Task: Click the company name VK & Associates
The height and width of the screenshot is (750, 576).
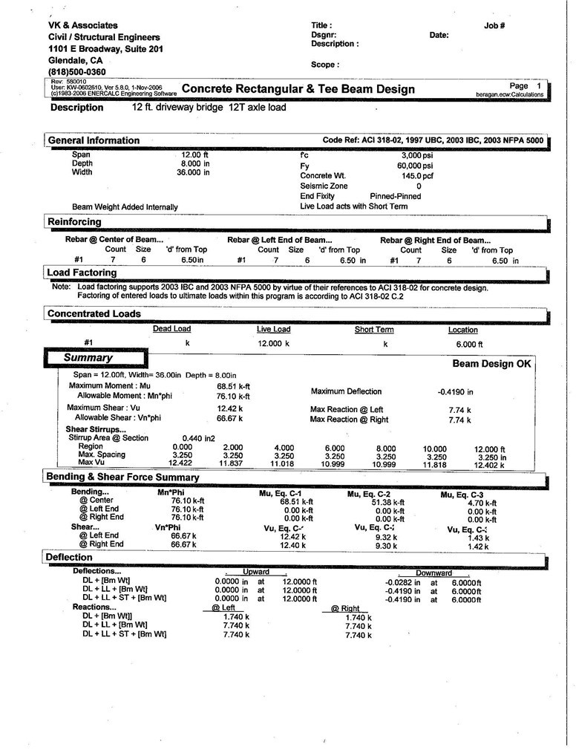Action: [83, 25]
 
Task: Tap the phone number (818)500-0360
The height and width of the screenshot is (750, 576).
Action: [77, 72]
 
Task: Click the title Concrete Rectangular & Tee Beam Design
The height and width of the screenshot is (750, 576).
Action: [298, 90]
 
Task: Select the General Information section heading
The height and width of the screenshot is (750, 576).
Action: [94, 140]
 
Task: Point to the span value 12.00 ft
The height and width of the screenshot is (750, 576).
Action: [195, 154]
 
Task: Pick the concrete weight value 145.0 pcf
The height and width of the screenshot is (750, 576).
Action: [418, 176]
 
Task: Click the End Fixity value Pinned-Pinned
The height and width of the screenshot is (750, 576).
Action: [396, 196]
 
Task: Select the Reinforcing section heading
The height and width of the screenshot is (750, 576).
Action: [75, 221]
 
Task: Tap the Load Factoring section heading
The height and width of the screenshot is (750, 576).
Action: [82, 273]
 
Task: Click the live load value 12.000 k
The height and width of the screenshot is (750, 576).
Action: [272, 344]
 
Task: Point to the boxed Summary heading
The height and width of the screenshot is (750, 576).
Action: [88, 358]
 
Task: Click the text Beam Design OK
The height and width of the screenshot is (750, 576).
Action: [492, 364]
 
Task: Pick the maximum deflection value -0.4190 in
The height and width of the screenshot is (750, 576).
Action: [455, 391]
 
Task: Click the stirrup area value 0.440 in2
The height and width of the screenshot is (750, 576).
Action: [198, 438]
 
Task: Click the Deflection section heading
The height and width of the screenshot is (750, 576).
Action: [69, 557]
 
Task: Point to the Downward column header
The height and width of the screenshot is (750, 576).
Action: [433, 573]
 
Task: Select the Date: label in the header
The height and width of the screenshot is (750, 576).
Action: [439, 35]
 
